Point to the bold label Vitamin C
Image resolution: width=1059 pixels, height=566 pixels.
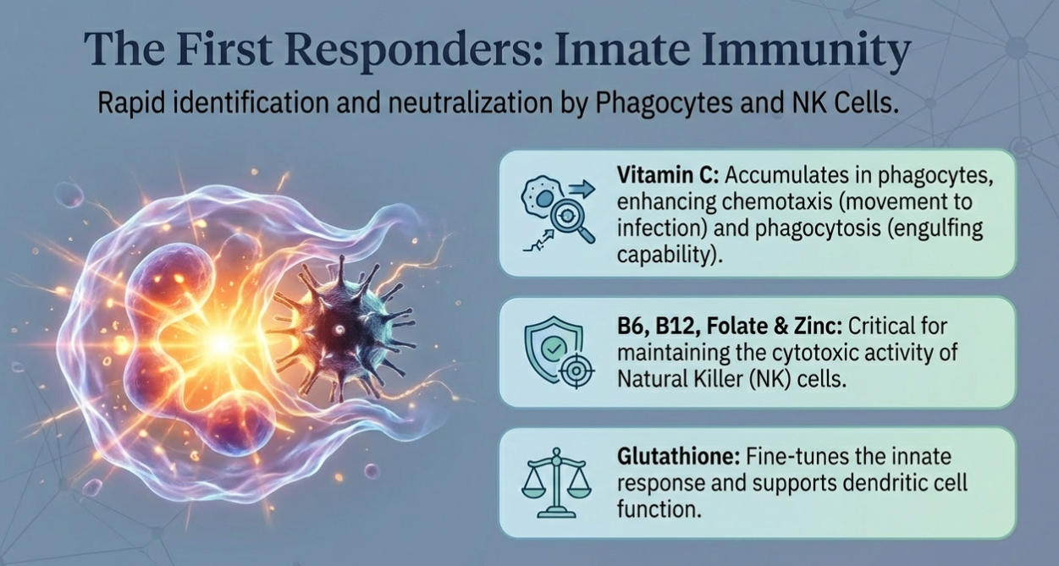(x=668, y=176)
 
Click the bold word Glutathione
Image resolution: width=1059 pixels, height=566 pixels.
(x=678, y=457)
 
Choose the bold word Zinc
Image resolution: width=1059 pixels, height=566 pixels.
(x=815, y=327)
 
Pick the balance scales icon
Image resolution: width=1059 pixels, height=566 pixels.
(x=556, y=482)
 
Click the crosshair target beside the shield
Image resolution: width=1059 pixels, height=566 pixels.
(x=576, y=371)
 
